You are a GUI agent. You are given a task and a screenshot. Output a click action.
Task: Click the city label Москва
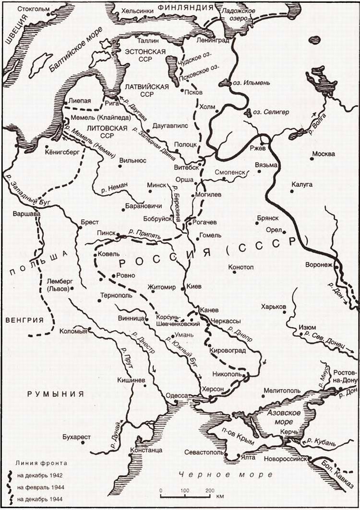tap(324, 154)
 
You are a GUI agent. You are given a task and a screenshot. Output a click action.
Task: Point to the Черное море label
tap(208, 474)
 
